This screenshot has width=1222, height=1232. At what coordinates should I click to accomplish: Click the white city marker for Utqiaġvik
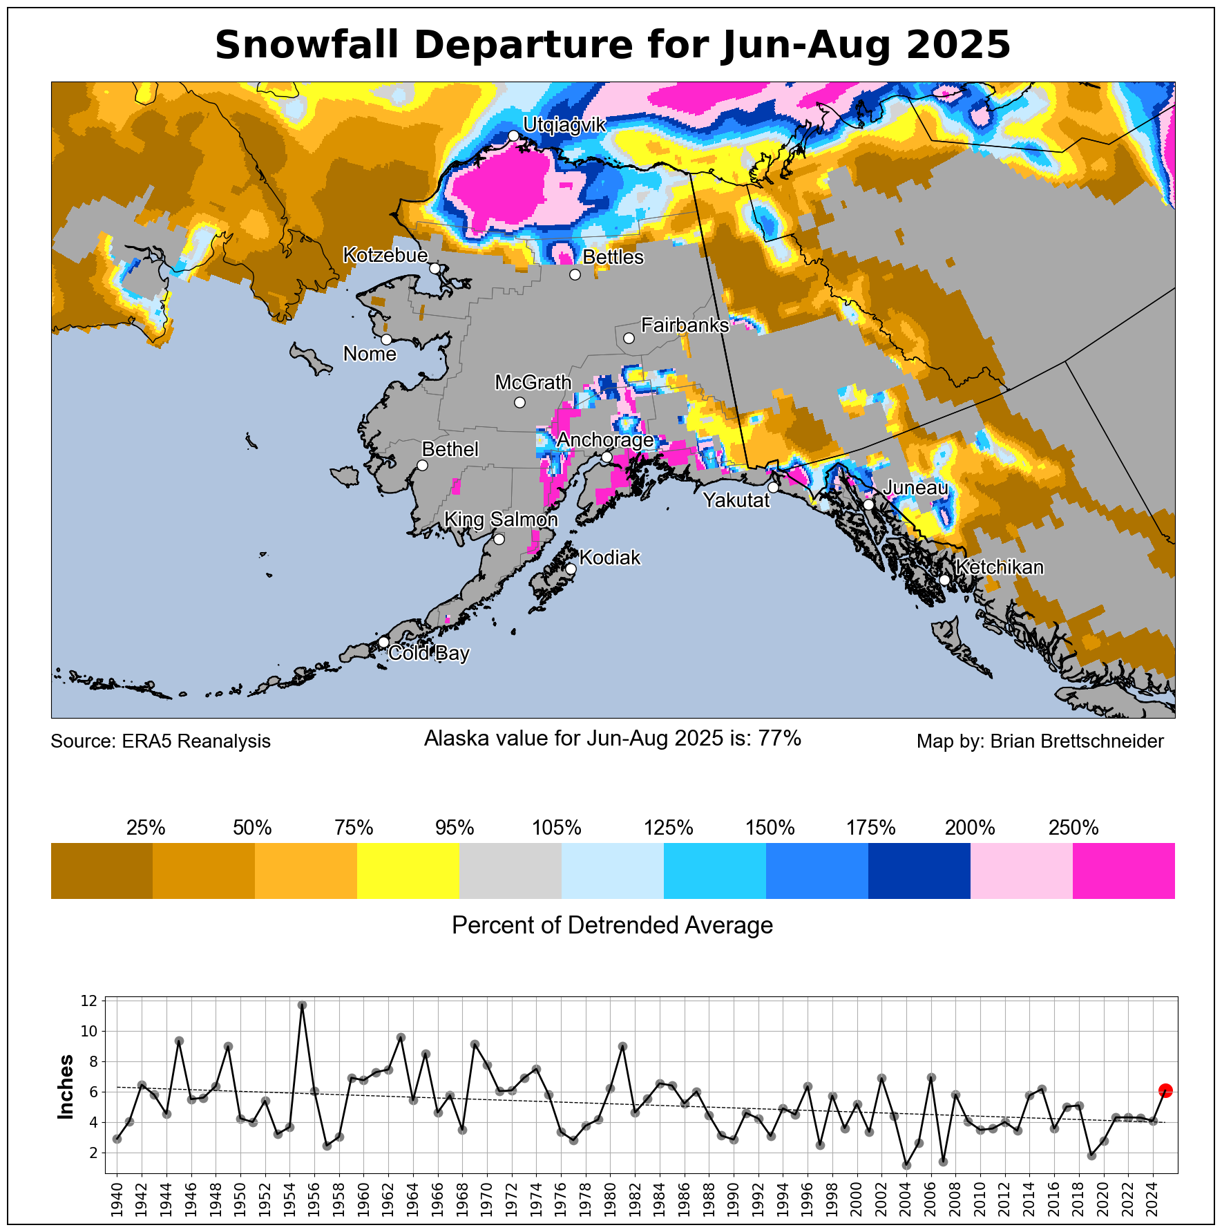(513, 135)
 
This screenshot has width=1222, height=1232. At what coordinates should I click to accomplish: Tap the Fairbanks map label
(685, 325)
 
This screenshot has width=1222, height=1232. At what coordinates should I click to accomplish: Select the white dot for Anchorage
(607, 457)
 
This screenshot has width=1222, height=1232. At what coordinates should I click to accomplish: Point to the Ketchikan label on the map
(1000, 567)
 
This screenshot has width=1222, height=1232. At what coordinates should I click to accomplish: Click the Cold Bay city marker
(383, 642)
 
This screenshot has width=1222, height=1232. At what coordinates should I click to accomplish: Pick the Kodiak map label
(609, 558)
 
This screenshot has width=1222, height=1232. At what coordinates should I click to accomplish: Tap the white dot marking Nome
(386, 339)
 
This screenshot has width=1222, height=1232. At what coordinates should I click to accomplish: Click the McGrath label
(533, 382)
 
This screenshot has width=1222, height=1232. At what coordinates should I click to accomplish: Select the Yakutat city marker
(773, 487)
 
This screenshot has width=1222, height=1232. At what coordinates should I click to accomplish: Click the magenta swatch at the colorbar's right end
(1123, 871)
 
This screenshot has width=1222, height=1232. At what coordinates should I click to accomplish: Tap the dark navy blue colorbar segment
(919, 871)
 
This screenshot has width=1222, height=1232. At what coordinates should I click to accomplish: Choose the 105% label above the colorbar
(556, 827)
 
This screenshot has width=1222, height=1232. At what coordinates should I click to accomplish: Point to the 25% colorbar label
(146, 827)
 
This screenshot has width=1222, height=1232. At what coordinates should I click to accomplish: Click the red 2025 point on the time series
(1165, 1090)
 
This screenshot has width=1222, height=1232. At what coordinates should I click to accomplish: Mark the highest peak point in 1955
(302, 1005)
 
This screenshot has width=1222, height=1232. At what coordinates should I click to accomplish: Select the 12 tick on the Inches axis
(88, 1001)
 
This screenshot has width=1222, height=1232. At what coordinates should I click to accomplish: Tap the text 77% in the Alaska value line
(780, 739)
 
